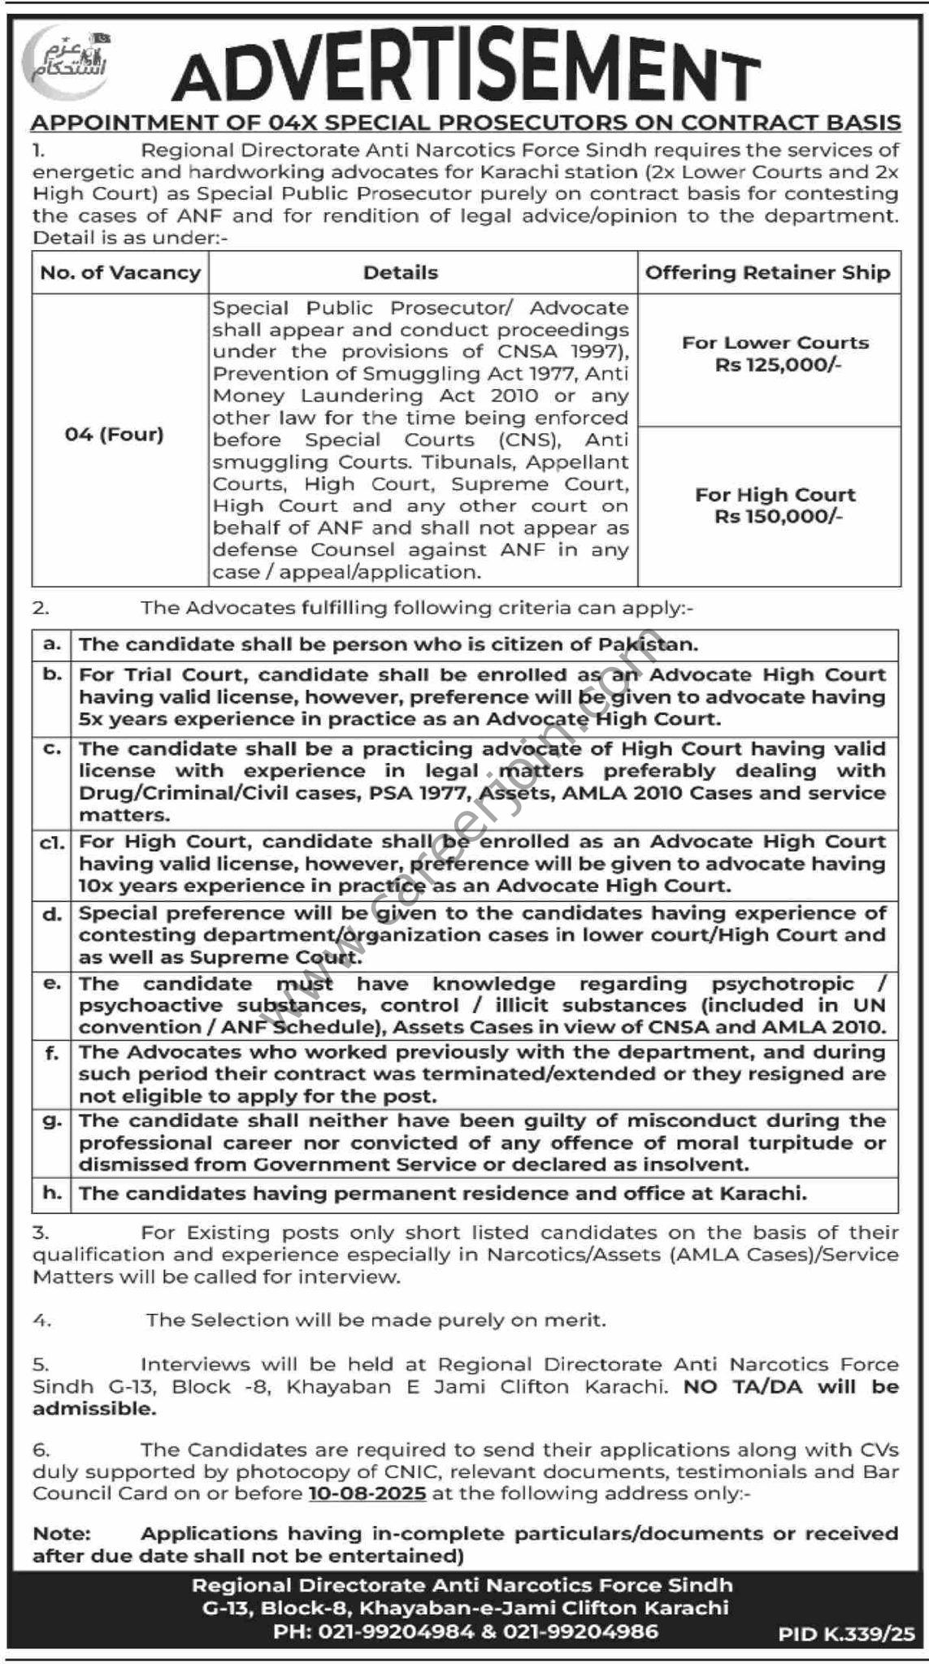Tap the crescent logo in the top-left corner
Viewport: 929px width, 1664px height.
[x=65, y=60]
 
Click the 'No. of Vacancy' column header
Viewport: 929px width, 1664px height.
[x=120, y=273]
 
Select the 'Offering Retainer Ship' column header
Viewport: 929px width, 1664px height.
[x=768, y=273]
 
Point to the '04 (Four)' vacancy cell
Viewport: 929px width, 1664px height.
[x=115, y=435]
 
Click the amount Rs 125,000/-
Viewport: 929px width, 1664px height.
[x=778, y=365]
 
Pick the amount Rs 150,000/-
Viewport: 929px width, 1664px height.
[x=774, y=517]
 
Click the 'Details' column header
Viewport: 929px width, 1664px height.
[x=401, y=273]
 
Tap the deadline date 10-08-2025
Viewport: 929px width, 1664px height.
[x=367, y=1493]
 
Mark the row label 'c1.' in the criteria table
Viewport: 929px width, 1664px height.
[x=51, y=843]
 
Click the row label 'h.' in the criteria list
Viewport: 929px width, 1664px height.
[x=52, y=1193]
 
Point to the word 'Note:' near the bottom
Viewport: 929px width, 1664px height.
[x=63, y=1534]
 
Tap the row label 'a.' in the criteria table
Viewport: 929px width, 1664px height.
[x=52, y=644]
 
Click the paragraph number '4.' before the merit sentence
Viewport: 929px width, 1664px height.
[x=41, y=1320]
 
